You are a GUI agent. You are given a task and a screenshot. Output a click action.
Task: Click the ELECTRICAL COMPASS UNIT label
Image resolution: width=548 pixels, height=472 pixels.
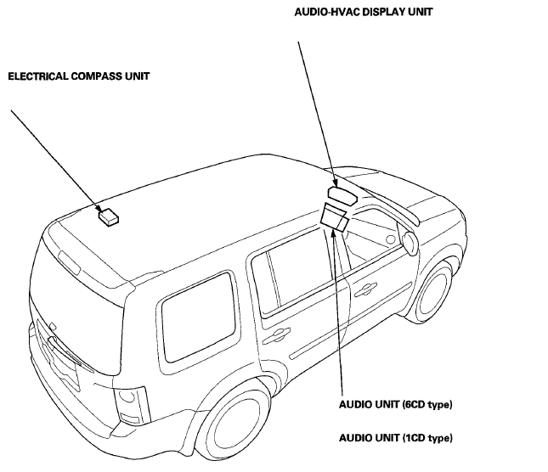tap(79, 76)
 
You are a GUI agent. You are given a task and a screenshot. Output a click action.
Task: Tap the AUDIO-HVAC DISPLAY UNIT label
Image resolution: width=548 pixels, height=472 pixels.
tap(363, 12)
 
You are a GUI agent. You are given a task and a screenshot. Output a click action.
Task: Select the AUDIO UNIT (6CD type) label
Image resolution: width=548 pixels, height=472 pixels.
tap(396, 405)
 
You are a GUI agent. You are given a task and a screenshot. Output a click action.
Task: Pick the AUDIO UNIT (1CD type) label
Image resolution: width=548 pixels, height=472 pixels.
tap(396, 438)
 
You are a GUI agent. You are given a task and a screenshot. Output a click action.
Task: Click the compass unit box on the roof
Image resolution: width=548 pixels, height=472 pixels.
tap(109, 217)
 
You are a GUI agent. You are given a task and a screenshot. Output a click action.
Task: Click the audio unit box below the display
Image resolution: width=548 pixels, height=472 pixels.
tap(334, 217)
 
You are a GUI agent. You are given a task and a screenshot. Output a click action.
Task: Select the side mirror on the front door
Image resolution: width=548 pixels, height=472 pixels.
tap(409, 240)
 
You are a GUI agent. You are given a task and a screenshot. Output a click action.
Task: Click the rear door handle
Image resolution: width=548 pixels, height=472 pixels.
tap(276, 335)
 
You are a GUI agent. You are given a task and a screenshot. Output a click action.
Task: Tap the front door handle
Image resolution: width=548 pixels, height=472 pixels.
tap(365, 289)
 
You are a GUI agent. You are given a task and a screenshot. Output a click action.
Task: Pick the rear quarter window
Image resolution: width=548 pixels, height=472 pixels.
tap(198, 317)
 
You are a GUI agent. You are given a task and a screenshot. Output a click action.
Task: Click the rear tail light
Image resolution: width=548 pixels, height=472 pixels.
tap(130, 405)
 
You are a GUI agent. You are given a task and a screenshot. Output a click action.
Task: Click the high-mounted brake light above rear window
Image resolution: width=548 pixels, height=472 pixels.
tap(70, 262)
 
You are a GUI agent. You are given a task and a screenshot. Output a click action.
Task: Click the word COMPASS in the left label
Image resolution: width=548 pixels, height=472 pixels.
tap(96, 76)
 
